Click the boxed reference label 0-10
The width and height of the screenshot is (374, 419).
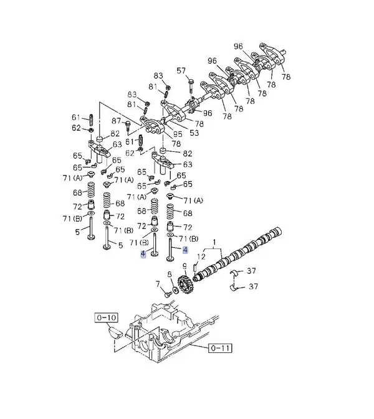106,318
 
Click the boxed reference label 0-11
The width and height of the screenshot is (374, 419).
220,348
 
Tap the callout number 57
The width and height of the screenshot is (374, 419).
181,71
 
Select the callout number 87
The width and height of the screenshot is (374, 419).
117,121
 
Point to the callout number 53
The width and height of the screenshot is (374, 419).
194,133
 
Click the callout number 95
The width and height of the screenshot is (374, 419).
178,134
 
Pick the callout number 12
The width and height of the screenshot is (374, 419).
201,257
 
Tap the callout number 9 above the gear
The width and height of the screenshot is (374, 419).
185,266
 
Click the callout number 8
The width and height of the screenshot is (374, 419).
170,275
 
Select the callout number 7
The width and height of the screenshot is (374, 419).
158,284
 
